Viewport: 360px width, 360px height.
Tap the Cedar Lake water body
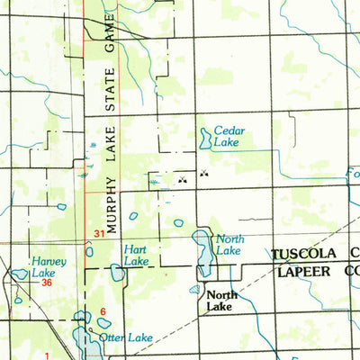(x=205, y=138)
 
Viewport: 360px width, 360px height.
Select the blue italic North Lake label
(x=228, y=245)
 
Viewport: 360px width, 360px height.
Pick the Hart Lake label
(x=137, y=255)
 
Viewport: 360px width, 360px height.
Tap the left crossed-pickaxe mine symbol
(x=183, y=179)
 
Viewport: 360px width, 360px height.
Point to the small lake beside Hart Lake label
(x=116, y=271)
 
